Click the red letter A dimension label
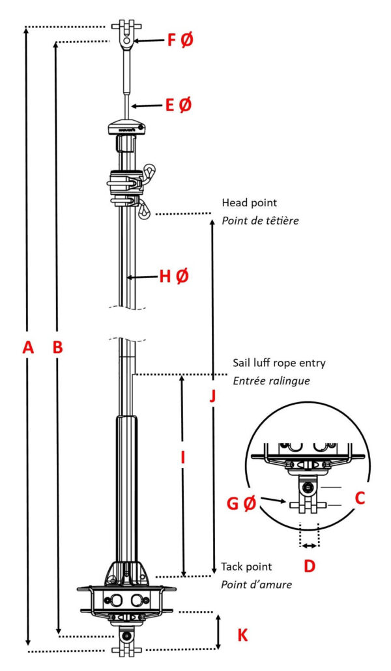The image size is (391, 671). coord(27,348)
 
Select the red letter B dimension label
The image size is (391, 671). coord(57,348)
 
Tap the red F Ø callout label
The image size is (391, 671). coord(180,40)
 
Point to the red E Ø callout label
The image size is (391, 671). coord(178,104)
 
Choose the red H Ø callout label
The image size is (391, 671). coord(173,277)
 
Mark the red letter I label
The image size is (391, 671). coord(183,458)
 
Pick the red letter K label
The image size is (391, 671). coord(242,634)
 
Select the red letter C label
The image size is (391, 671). coord(358,499)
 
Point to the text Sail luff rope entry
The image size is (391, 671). coord(279,363)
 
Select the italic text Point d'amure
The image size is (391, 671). coord(256,584)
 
